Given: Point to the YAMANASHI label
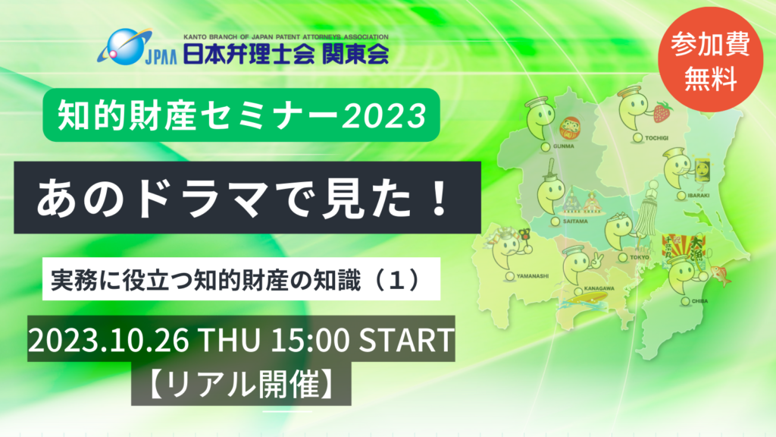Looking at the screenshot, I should [x=535, y=276].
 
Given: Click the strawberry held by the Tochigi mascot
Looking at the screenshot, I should [x=663, y=112].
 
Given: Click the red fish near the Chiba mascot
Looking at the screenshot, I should [x=720, y=275].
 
